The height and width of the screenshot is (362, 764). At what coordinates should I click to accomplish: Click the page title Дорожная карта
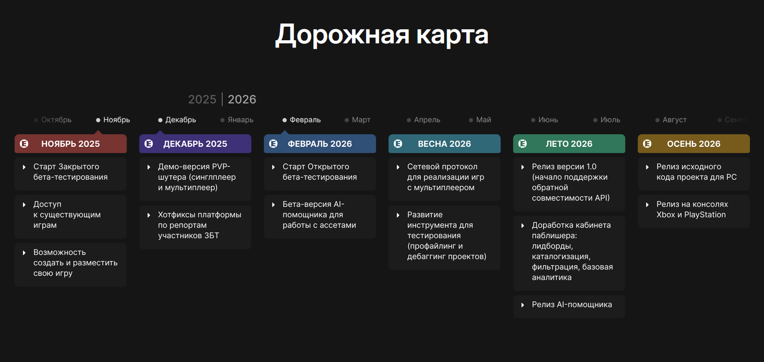click(x=382, y=35)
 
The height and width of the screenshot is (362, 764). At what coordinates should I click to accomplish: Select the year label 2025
click(x=202, y=99)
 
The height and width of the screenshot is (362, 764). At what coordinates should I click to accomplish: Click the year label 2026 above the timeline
click(x=242, y=99)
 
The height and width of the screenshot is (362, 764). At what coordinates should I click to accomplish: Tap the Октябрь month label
click(x=56, y=120)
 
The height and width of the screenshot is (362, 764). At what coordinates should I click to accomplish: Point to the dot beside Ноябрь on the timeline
click(x=98, y=120)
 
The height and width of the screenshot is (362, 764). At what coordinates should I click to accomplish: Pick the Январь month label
click(x=240, y=120)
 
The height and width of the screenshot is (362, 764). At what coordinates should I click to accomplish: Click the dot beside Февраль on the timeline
click(x=285, y=120)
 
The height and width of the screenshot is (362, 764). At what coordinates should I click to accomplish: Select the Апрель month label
click(x=427, y=120)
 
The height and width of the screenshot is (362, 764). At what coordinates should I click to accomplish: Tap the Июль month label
click(x=610, y=120)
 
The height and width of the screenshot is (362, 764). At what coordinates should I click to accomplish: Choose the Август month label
click(x=675, y=120)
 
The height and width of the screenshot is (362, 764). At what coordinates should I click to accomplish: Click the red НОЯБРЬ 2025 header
click(x=70, y=144)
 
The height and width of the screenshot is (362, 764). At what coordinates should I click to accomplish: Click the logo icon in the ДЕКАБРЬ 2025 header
click(x=149, y=144)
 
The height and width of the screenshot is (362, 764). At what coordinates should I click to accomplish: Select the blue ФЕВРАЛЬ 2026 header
click(x=320, y=144)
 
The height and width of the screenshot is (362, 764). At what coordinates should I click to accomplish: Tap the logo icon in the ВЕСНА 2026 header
click(x=398, y=144)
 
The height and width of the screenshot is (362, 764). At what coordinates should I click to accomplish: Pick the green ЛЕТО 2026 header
click(x=569, y=144)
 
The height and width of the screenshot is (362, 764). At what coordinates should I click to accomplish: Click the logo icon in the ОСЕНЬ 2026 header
click(x=648, y=144)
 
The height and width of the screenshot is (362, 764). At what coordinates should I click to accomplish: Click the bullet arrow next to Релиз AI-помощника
click(x=523, y=305)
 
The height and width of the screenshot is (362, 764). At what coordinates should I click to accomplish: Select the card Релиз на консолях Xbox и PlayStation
click(x=694, y=212)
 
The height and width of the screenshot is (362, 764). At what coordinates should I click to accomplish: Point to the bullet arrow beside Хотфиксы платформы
click(x=149, y=215)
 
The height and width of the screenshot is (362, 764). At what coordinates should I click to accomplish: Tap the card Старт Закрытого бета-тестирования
click(x=70, y=173)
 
